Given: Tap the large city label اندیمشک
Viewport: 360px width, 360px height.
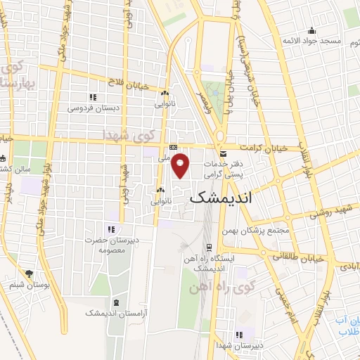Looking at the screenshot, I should [221, 199].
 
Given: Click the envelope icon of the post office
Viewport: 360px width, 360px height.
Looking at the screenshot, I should [222, 153].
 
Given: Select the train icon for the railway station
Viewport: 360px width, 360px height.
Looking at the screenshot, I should [209, 247].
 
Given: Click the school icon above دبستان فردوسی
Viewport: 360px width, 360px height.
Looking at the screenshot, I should [91, 97].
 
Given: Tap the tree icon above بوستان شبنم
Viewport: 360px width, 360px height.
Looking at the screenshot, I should [28, 274].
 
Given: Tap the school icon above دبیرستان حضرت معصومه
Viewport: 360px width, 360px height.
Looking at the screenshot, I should [110, 229].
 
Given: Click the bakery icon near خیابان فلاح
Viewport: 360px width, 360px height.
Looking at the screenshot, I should [165, 92].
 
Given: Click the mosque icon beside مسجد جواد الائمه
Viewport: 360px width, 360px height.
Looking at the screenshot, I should [311, 30].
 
